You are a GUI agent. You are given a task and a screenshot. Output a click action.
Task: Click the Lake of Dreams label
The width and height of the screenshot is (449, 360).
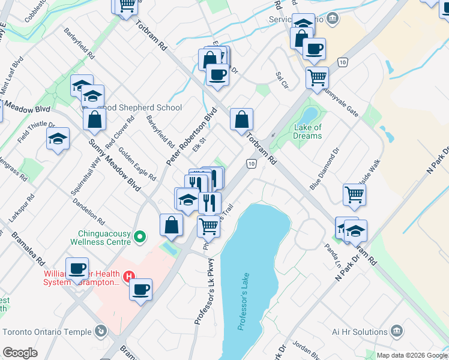[308, 131]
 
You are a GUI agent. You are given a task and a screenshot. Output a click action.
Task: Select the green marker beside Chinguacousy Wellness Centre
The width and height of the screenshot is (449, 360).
[140, 237]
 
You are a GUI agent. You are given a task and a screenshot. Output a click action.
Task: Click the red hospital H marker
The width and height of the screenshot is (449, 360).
[128, 277]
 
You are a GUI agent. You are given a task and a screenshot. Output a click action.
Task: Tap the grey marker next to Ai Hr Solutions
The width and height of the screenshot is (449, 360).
[396, 331]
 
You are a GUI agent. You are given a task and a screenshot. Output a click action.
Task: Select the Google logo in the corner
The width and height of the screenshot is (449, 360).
[20, 353]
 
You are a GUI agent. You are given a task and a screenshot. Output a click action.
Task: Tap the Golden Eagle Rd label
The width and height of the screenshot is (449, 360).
[137, 164]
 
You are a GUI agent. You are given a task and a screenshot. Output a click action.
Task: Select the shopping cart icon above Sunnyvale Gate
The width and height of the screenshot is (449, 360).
[317, 77]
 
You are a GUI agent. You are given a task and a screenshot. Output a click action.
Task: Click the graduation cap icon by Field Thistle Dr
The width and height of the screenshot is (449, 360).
[58, 139]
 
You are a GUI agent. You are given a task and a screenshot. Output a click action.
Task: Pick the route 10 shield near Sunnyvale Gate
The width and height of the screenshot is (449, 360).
[342, 62]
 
